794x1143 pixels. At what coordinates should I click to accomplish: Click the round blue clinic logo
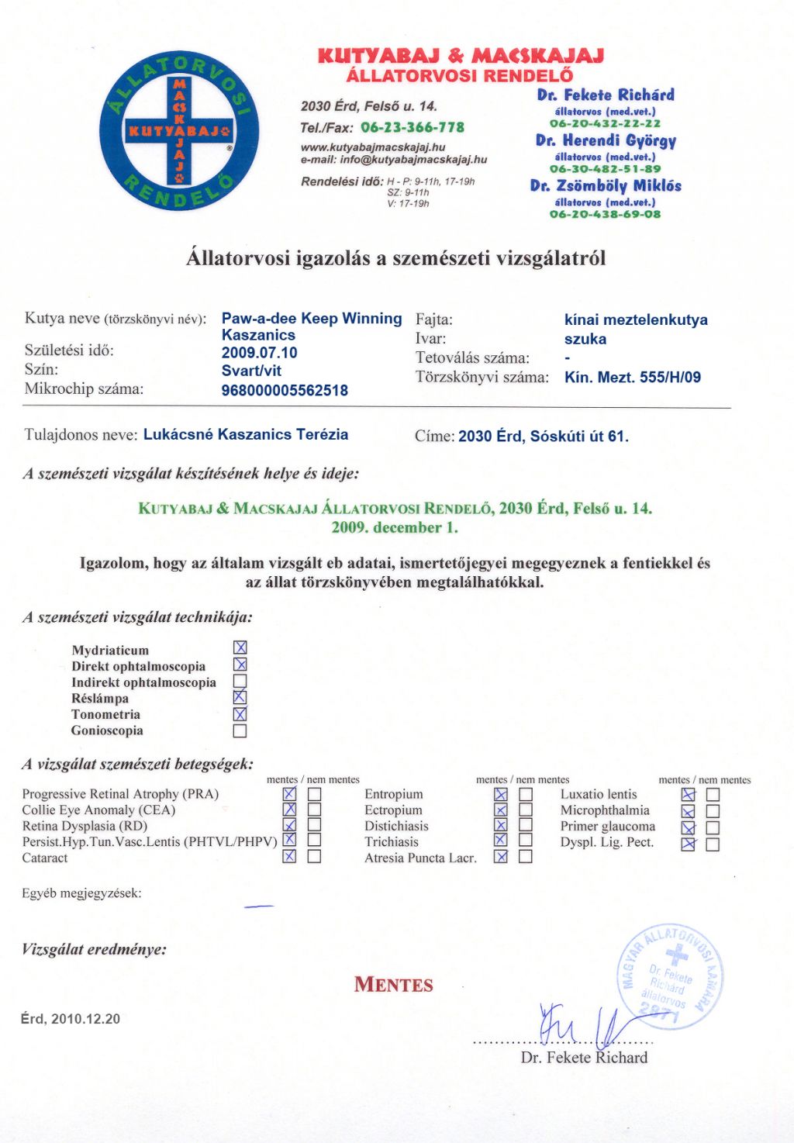(x=179, y=131)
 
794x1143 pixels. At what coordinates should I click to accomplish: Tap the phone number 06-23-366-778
(x=413, y=127)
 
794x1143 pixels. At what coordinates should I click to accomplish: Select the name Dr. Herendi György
(x=606, y=140)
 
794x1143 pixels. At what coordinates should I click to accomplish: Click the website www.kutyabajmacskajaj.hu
(x=373, y=147)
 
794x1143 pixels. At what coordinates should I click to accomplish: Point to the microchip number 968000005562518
(x=285, y=390)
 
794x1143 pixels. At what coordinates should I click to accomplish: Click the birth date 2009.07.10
(x=259, y=353)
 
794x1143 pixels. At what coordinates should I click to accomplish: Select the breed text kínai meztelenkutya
(x=636, y=319)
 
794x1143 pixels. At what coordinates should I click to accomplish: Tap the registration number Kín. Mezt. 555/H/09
(x=632, y=378)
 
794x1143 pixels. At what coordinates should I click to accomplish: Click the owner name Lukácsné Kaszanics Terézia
(x=246, y=434)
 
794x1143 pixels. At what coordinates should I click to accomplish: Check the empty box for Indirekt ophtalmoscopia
(x=240, y=682)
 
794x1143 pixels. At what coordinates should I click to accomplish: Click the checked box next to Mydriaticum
(x=240, y=647)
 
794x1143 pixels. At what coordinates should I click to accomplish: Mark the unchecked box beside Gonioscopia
(x=240, y=730)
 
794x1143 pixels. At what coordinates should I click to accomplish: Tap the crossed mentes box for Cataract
(x=289, y=856)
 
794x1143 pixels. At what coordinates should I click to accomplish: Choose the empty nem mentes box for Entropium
(x=526, y=794)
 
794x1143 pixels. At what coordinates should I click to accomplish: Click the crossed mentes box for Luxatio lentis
(x=688, y=794)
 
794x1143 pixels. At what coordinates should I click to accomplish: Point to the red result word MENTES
(x=394, y=985)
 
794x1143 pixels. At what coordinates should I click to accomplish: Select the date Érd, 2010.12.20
(x=71, y=1019)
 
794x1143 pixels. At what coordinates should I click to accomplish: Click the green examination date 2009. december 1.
(x=395, y=527)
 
